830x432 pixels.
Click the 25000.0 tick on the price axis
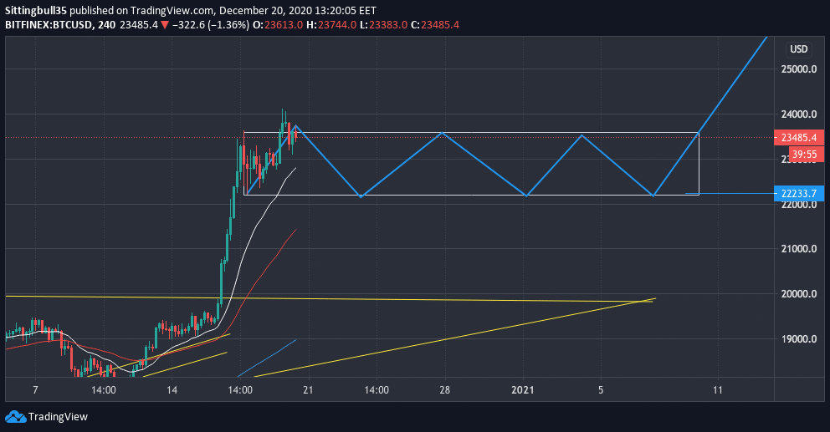pyautogui.click(x=799, y=69)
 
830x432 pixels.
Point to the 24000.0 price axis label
pyautogui.click(x=799, y=114)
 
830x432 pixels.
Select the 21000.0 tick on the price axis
pyautogui.click(x=799, y=249)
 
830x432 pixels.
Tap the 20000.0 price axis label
pyautogui.click(x=799, y=294)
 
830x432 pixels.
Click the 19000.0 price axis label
pyautogui.click(x=799, y=339)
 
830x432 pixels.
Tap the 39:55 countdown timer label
pyautogui.click(x=805, y=155)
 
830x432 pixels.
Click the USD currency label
pyautogui.click(x=799, y=49)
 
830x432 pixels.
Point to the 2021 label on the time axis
pyautogui.click(x=523, y=390)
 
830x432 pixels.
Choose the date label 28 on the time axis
pyautogui.click(x=444, y=390)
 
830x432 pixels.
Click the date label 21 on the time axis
pyautogui.click(x=308, y=390)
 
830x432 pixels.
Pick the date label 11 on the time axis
pyautogui.click(x=718, y=390)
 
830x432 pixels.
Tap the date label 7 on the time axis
pyautogui.click(x=34, y=390)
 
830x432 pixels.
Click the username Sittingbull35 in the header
pyautogui.click(x=38, y=10)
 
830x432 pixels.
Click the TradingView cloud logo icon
pyautogui.click(x=14, y=416)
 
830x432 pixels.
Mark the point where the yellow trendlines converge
pyautogui.click(x=653, y=299)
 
